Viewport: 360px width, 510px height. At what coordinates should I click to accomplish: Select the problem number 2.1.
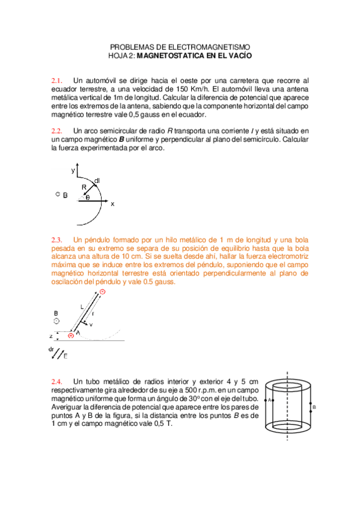(x=57, y=80)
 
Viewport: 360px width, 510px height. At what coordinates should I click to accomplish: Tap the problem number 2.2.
(x=57, y=131)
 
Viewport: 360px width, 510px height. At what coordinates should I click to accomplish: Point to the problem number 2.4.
(x=57, y=382)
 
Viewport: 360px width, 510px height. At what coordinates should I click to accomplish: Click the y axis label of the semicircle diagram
(x=73, y=171)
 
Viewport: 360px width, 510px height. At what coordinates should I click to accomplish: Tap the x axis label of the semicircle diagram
(x=112, y=204)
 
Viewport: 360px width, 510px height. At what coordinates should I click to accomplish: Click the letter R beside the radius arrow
(x=84, y=188)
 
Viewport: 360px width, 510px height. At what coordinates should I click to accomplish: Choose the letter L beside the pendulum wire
(x=82, y=307)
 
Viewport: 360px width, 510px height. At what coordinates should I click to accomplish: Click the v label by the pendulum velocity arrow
(x=91, y=325)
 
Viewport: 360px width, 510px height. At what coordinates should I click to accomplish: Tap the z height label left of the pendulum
(x=52, y=336)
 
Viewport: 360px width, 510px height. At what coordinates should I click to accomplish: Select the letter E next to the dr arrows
(x=66, y=357)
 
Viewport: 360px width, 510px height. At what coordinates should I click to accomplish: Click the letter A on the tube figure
(x=270, y=399)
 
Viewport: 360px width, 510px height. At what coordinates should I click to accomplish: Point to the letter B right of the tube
(x=314, y=407)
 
